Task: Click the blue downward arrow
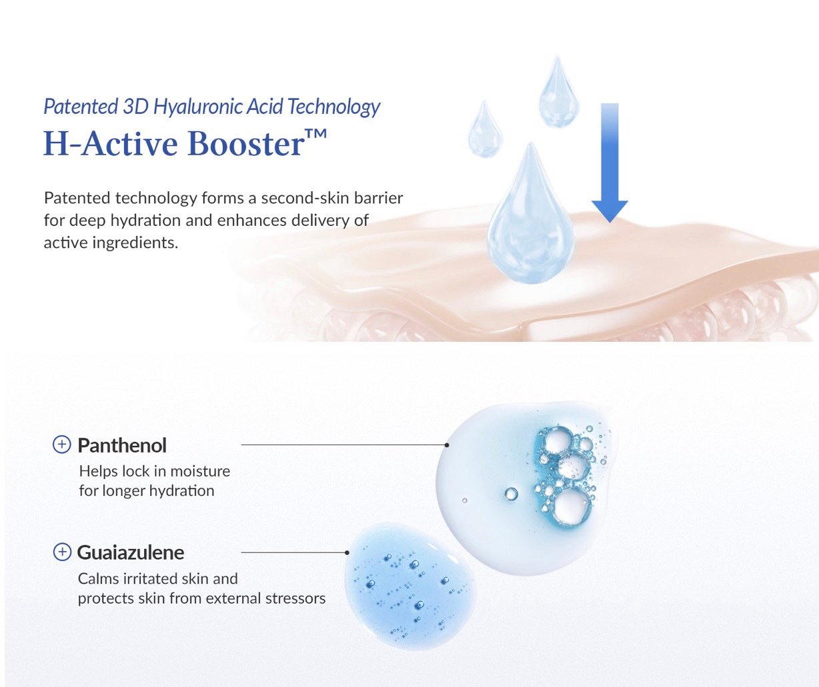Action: click(610, 163)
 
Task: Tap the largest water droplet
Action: click(530, 214)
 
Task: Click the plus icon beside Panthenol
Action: click(61, 445)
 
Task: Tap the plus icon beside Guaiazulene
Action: click(62, 552)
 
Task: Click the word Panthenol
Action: click(122, 446)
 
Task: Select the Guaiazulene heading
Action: click(131, 552)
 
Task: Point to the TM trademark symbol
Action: click(316, 134)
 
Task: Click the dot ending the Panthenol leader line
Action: click(447, 445)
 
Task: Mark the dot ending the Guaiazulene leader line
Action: click(347, 552)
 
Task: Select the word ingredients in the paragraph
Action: click(135, 243)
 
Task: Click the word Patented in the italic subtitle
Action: click(81, 107)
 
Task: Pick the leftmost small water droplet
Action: click(486, 129)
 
